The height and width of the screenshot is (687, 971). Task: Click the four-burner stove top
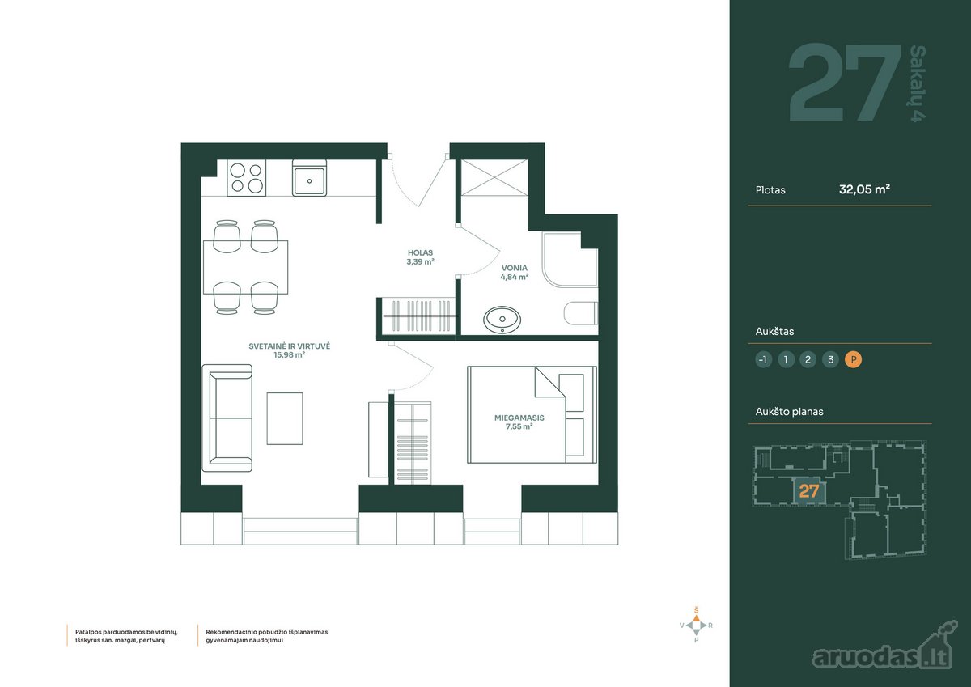[x=246, y=178]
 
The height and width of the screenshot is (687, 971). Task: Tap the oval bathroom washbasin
[x=502, y=320]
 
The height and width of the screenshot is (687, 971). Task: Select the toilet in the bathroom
[x=581, y=313]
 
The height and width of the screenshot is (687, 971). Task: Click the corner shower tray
[x=570, y=260]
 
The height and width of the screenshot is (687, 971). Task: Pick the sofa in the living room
[x=227, y=418]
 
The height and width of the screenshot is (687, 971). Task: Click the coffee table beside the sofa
[x=284, y=418]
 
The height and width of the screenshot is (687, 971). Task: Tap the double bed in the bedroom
[x=532, y=415]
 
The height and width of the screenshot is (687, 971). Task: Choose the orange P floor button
[x=853, y=359]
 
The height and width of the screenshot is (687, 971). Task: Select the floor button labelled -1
[x=763, y=359]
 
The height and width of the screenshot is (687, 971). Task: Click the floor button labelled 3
[x=830, y=359]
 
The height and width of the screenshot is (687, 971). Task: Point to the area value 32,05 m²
[x=864, y=189]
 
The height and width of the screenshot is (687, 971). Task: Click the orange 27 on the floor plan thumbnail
[x=809, y=491]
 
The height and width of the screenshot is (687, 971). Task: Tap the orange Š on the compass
[x=696, y=610]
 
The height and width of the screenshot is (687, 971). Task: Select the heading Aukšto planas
[x=790, y=412]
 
